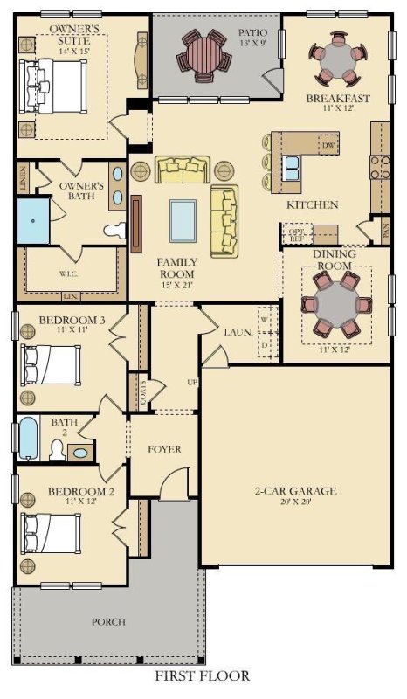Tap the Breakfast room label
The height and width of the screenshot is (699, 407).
click(x=337, y=100)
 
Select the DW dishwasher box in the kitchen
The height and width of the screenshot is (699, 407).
click(x=328, y=145)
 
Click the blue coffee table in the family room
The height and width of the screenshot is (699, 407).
click(x=183, y=219)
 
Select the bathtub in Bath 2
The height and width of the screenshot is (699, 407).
click(x=28, y=438)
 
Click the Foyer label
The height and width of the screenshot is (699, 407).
click(x=164, y=450)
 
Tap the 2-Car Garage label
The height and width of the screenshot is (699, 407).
click(x=295, y=491)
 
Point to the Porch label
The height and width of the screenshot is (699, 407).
click(x=109, y=622)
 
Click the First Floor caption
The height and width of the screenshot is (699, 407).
click(x=202, y=676)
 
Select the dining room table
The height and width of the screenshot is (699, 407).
click(x=335, y=302)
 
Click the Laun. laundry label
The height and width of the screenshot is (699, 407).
click(x=238, y=333)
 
